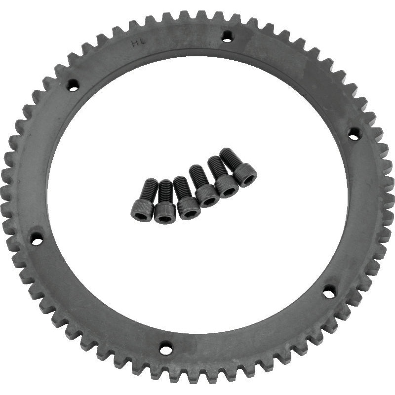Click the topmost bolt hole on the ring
click(227, 36)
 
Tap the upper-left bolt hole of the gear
click(73, 86)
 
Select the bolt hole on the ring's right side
click(354, 133)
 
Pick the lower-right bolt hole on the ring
click(329, 293)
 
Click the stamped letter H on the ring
click(134, 43)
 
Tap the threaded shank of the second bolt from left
click(166, 192)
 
